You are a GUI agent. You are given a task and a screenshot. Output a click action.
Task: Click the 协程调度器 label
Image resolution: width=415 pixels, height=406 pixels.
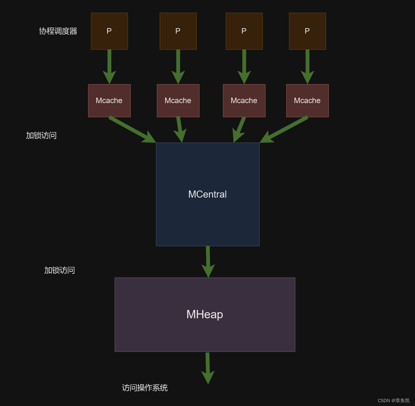58,31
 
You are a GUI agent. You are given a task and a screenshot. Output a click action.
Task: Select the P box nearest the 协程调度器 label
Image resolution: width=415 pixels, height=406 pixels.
109,31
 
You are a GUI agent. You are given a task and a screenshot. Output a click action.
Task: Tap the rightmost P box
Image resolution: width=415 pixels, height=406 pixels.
307,31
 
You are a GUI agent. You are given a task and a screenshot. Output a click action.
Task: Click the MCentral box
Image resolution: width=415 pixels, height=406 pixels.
207,194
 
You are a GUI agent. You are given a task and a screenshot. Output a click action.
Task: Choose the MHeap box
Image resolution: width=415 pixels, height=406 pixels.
205,314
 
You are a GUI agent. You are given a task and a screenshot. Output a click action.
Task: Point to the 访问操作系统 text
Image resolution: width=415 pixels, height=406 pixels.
145,388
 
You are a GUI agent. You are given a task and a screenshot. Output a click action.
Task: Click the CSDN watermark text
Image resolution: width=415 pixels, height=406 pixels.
394,401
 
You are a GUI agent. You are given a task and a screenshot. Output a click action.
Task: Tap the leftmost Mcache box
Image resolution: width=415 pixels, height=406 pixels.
109,101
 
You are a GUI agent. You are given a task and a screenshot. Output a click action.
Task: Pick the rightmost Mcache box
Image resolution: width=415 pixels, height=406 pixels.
307,101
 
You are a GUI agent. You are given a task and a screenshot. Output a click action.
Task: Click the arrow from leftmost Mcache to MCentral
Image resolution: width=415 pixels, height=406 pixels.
131,129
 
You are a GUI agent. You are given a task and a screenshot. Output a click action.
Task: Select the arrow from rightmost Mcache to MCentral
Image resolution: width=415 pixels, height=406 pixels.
285,129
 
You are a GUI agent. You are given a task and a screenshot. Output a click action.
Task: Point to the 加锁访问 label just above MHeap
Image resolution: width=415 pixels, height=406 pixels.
60,270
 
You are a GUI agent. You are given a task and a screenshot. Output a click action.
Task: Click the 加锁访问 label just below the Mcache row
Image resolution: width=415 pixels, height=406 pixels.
41,135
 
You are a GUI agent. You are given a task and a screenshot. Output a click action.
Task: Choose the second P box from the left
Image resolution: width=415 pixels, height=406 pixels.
178,31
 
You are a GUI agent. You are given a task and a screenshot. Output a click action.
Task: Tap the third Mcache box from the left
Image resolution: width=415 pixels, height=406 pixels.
244,101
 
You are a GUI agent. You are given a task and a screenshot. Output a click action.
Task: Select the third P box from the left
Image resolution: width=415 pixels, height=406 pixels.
244,31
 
